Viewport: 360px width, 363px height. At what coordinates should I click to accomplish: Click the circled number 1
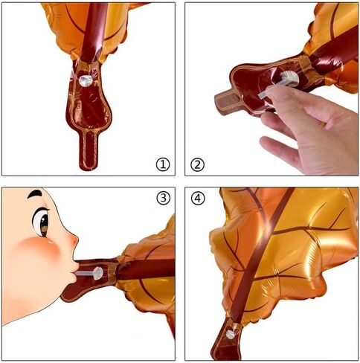(x=163, y=164)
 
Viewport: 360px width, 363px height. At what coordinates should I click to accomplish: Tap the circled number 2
(x=197, y=164)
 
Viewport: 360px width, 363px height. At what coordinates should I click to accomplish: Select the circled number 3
(x=164, y=198)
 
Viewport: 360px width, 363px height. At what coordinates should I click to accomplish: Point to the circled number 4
(x=198, y=198)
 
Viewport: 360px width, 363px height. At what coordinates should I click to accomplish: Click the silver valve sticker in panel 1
(x=86, y=80)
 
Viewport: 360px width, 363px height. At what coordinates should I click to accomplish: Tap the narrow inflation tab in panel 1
(x=88, y=150)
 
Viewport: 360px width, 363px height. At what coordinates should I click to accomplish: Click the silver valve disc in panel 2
(x=289, y=78)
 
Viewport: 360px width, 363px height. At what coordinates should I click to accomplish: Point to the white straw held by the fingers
(x=272, y=89)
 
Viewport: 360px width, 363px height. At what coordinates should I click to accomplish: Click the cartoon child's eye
(x=41, y=222)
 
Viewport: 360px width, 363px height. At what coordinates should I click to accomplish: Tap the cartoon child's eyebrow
(x=35, y=194)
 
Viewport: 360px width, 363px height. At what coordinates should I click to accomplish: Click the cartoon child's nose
(x=74, y=240)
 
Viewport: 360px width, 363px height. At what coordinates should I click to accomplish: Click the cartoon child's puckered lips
(x=74, y=270)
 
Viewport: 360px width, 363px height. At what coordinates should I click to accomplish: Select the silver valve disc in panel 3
(x=98, y=273)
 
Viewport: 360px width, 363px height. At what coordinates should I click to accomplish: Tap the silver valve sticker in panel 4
(x=231, y=335)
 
